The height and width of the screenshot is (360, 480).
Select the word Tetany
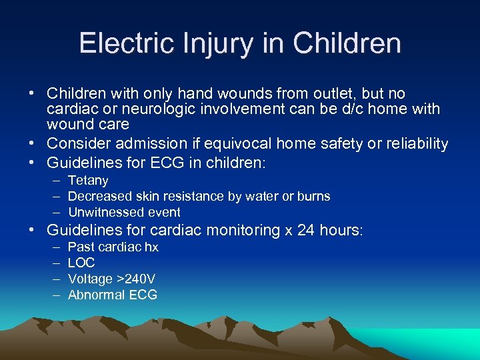click(88, 181)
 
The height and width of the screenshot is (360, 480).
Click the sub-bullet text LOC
click(81, 263)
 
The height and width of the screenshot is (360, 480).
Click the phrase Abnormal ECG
click(113, 295)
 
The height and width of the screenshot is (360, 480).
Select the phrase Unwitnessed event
click(124, 213)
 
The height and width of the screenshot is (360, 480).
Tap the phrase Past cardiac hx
click(113, 247)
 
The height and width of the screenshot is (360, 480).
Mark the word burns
click(313, 197)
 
